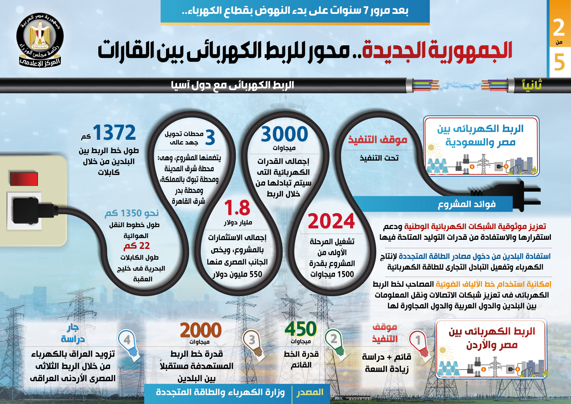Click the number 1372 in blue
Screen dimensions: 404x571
pos(114,133)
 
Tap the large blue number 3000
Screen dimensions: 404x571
pos(284,134)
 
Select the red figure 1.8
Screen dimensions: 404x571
pos(237,208)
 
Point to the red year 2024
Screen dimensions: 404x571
pos(331,221)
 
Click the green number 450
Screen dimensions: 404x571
pos(300,329)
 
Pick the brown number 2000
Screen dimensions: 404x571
pos(201,330)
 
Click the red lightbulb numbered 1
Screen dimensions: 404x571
pos(419,344)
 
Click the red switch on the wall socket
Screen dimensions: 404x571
pos(24,179)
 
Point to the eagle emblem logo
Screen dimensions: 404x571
pos(40,36)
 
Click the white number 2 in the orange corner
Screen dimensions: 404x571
pos(559,28)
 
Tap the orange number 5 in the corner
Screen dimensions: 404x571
pos(559,62)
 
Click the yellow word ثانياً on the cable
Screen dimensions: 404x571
pos(532,85)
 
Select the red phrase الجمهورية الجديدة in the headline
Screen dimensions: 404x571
pos(437,50)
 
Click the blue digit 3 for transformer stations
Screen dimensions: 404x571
pos(210,137)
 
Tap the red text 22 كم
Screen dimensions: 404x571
pos(136,246)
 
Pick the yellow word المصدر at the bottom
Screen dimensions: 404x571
pos(310,392)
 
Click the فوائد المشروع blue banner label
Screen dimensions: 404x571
pos(467,204)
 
